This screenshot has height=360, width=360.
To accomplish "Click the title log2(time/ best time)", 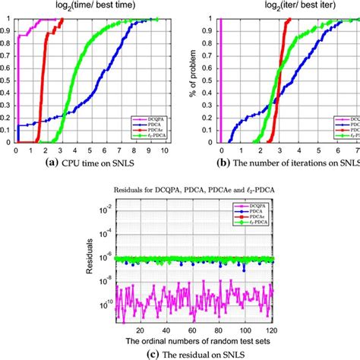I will [x=90, y=7].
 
